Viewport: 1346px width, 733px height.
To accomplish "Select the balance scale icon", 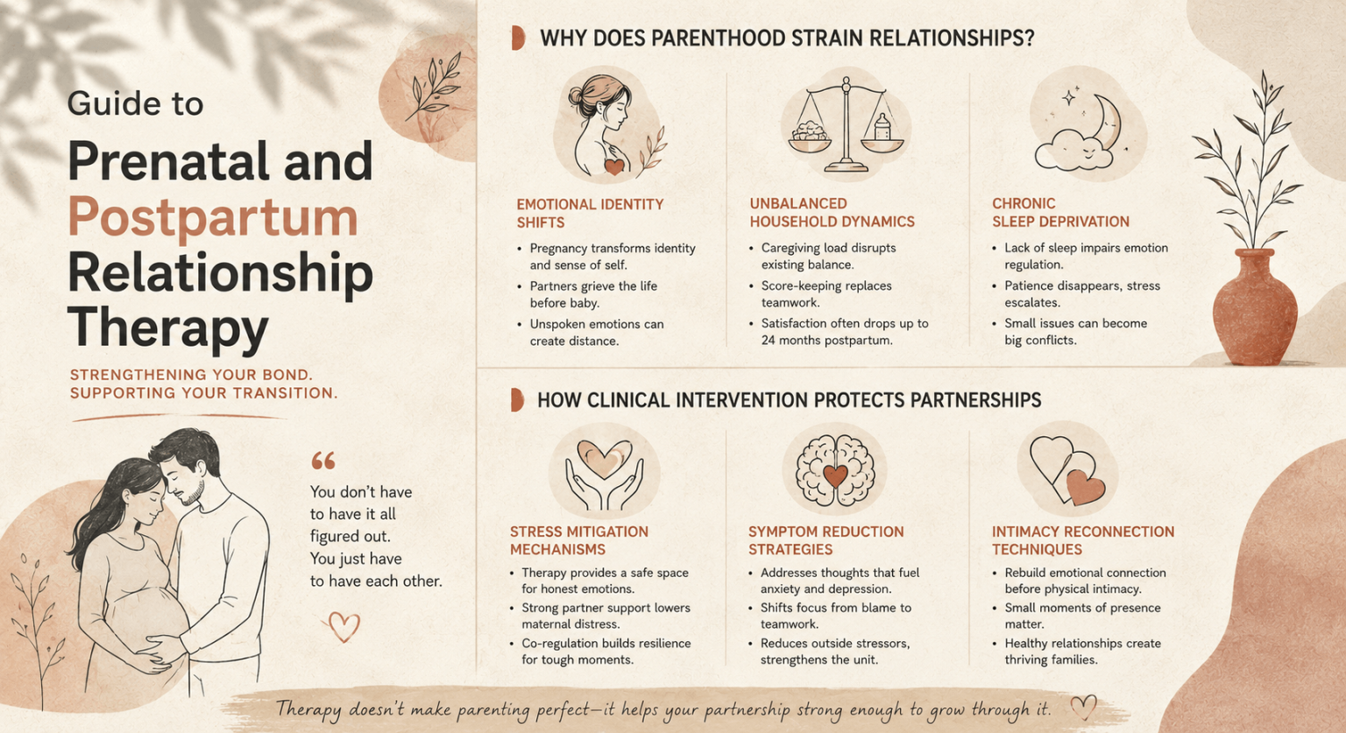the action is pyautogui.click(x=846, y=125).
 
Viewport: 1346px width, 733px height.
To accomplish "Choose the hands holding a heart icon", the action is pyautogui.click(x=604, y=475).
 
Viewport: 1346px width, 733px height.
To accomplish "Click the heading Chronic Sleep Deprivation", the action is pyautogui.click(x=1060, y=213).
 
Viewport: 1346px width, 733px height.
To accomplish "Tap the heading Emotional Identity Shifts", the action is pyautogui.click(x=590, y=213).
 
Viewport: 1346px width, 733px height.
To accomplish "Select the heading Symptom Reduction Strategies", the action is pyautogui.click(x=825, y=540).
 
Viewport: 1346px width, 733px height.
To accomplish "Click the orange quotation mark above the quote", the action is pyautogui.click(x=323, y=461).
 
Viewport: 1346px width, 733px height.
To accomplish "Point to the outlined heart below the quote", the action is pyautogui.click(x=344, y=627).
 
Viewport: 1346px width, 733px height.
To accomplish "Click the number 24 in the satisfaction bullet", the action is pyautogui.click(x=769, y=341).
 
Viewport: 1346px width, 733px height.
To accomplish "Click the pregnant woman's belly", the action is pyautogui.click(x=148, y=618).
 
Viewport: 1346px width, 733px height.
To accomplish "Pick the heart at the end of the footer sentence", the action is pyautogui.click(x=1083, y=708).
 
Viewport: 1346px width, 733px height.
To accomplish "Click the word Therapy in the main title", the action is pyautogui.click(x=167, y=328).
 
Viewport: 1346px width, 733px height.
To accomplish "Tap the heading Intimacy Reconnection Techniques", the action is pyautogui.click(x=1083, y=540).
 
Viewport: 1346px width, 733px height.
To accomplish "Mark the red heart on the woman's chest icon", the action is pyautogui.click(x=614, y=166).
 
